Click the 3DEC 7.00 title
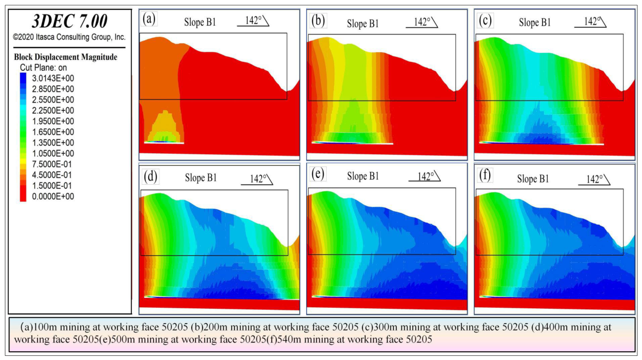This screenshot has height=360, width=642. click(70, 21)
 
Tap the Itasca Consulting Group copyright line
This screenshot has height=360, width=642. click(69, 37)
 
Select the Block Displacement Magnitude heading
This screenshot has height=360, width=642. click(66, 57)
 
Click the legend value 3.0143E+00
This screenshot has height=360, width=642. click(53, 78)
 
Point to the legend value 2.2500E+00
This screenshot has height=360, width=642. click(53, 110)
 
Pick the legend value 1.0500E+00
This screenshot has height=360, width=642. click(53, 153)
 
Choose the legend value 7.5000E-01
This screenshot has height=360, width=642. click(52, 164)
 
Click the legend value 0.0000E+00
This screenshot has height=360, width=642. click(53, 196)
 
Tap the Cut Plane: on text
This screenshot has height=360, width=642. click(43, 68)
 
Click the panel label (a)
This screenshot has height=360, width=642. click(149, 20)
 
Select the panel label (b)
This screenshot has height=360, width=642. click(318, 21)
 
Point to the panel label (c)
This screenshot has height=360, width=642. click(485, 21)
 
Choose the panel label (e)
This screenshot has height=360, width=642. click(317, 174)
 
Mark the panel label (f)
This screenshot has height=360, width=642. click(485, 175)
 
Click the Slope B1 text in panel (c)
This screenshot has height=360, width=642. click(535, 23)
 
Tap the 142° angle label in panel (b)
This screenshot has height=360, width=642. click(422, 22)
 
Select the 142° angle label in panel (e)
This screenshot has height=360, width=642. click(426, 176)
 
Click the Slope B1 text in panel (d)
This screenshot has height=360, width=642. click(200, 178)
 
